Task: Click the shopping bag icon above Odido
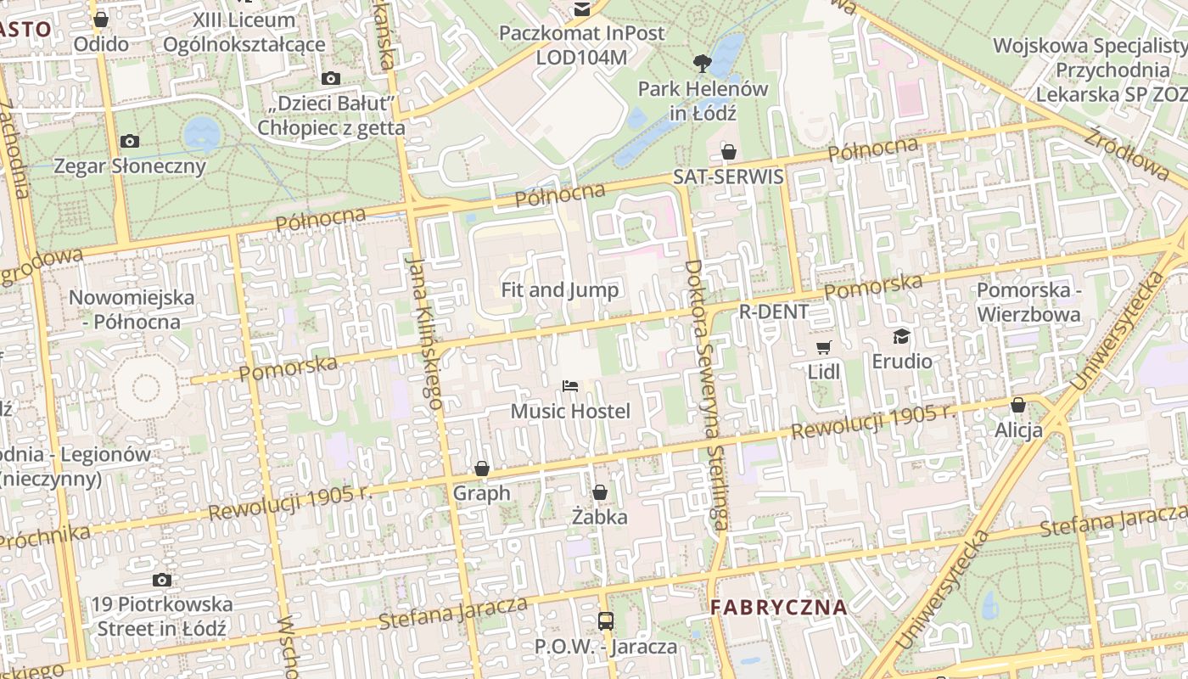click(x=101, y=20)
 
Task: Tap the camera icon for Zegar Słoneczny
click(x=130, y=141)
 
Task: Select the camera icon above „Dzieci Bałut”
click(x=331, y=79)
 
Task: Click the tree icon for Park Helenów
click(x=702, y=62)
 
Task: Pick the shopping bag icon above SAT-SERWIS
click(x=728, y=152)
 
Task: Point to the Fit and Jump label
click(x=560, y=289)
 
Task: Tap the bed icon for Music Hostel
click(x=570, y=387)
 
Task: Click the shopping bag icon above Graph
click(x=482, y=469)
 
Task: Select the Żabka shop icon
click(x=600, y=492)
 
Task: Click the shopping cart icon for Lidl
click(x=823, y=347)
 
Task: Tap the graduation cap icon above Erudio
click(x=901, y=336)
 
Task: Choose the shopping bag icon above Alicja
click(x=1018, y=405)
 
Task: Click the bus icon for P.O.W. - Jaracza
click(x=606, y=620)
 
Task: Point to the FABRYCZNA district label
click(x=779, y=608)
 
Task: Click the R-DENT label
click(x=774, y=311)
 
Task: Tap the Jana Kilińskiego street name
click(x=425, y=331)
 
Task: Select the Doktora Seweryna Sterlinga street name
click(x=707, y=395)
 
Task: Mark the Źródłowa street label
click(x=1126, y=154)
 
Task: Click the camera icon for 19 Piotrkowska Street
click(x=161, y=581)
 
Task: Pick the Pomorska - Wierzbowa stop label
click(x=1028, y=302)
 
